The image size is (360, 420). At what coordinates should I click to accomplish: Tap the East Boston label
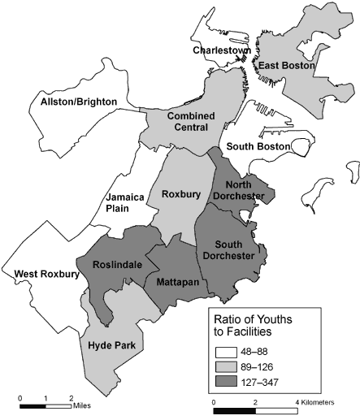285,65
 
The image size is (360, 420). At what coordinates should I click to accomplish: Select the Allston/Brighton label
80,102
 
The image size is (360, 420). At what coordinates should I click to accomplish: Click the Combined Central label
185,121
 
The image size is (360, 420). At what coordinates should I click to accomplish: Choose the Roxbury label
176,194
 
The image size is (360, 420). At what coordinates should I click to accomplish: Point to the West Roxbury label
47,275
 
